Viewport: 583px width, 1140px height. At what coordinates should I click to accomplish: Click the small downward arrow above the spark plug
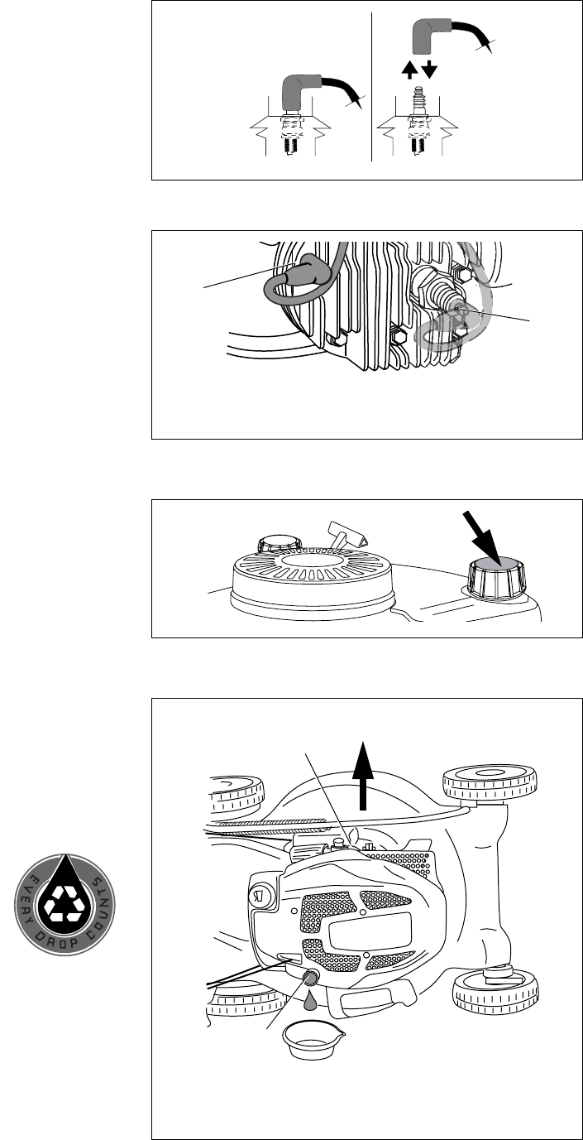429,70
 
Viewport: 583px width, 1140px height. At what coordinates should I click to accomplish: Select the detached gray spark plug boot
429,34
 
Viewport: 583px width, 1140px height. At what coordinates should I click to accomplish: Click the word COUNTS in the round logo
102,894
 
